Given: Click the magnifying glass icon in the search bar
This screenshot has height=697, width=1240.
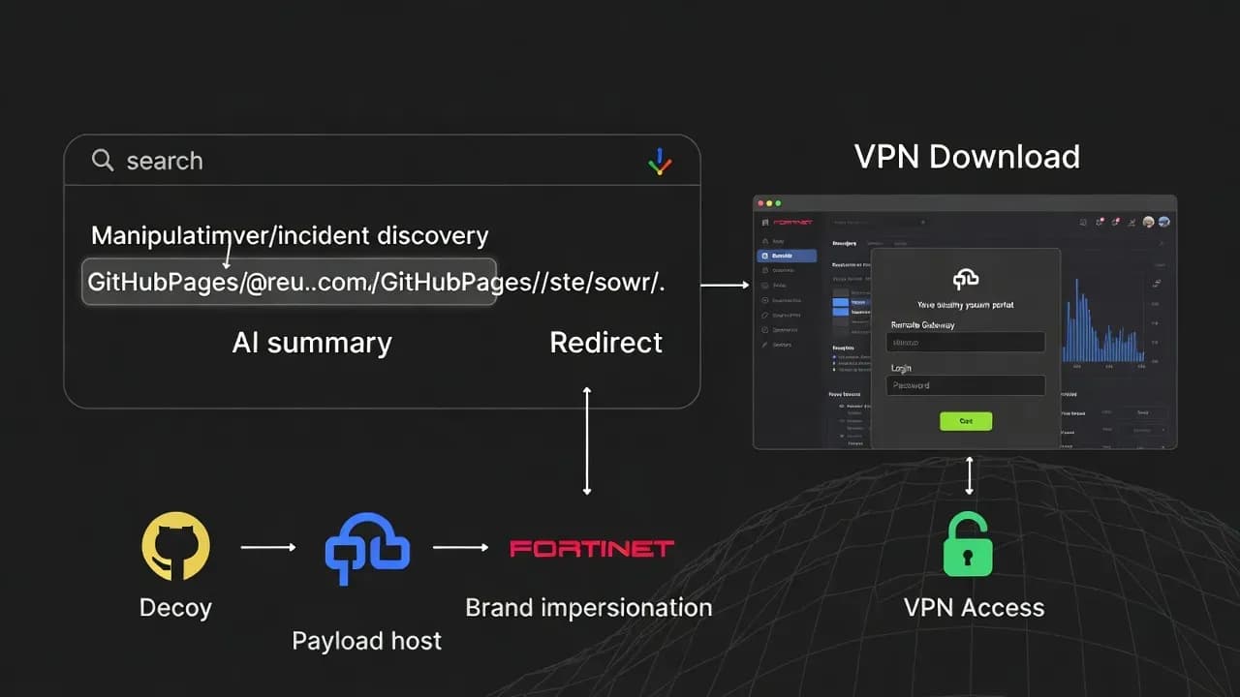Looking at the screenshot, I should [102, 160].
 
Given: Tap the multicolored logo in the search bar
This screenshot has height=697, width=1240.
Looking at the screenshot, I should [660, 162].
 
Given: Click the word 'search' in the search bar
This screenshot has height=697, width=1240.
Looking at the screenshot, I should [165, 161].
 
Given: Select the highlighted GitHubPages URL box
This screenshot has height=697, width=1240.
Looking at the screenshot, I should [289, 282].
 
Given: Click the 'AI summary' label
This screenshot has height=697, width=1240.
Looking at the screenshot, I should [312, 343].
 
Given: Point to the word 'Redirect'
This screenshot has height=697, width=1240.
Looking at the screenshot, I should [605, 343].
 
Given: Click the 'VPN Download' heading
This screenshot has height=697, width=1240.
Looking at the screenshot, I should [967, 157].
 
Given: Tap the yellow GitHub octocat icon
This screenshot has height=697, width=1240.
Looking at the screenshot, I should [175, 547].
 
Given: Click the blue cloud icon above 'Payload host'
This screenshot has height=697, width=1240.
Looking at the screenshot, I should [366, 547].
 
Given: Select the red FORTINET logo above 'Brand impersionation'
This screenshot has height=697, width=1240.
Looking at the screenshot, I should [591, 549].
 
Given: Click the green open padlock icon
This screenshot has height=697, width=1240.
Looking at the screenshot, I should [969, 545].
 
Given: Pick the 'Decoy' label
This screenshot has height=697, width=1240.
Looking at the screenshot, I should [175, 608].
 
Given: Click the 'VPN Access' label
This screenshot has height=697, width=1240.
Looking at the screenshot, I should [974, 608].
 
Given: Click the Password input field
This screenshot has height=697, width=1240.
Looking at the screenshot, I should [965, 385].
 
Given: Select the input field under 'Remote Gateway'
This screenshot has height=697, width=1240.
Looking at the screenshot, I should [965, 342].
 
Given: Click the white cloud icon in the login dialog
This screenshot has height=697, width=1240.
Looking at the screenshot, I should [966, 279].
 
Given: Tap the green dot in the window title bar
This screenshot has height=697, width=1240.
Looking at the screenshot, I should [777, 204].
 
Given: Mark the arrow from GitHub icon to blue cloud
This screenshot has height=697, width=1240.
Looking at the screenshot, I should [268, 547].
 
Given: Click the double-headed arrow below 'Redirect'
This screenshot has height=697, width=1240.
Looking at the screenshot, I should [586, 440].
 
